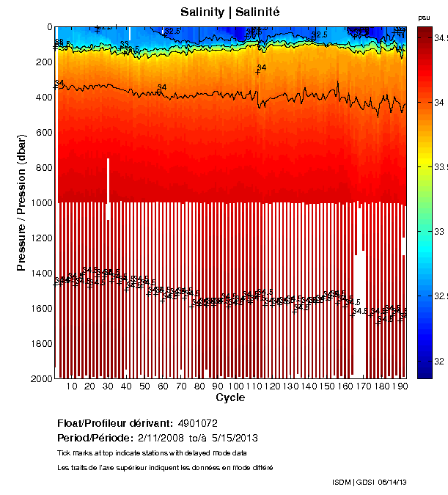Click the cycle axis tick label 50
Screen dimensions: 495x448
coord(145,386)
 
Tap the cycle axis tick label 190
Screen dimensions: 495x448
coord(400,386)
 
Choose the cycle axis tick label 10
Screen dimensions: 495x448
coord(72,386)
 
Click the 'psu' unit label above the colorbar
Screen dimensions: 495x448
coord(424,17)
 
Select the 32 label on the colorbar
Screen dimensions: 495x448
coord(438,362)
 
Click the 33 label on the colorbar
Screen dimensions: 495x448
coord(438,232)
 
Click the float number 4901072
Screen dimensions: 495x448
coord(198,423)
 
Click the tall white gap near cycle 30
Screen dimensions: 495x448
coord(109,188)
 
